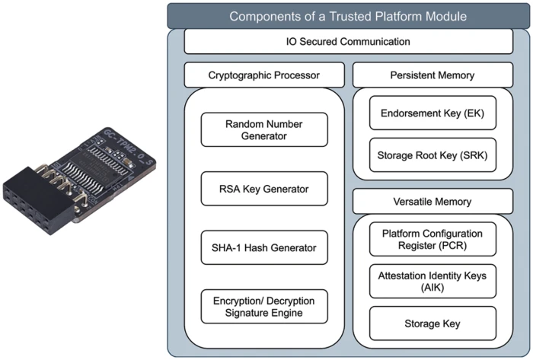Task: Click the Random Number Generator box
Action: click(264, 129)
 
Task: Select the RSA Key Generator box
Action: click(264, 188)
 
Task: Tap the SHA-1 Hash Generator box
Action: click(264, 247)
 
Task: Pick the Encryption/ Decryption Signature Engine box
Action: click(264, 306)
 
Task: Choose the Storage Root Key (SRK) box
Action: click(432, 156)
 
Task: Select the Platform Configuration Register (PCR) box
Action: click(432, 239)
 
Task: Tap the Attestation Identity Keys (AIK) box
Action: click(432, 280)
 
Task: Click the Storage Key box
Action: click(432, 323)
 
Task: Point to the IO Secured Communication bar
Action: click(347, 42)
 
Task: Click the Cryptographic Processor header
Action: click(264, 75)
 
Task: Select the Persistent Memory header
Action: click(432, 75)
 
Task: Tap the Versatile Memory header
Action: click(432, 202)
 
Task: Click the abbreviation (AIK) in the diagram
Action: click(432, 288)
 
